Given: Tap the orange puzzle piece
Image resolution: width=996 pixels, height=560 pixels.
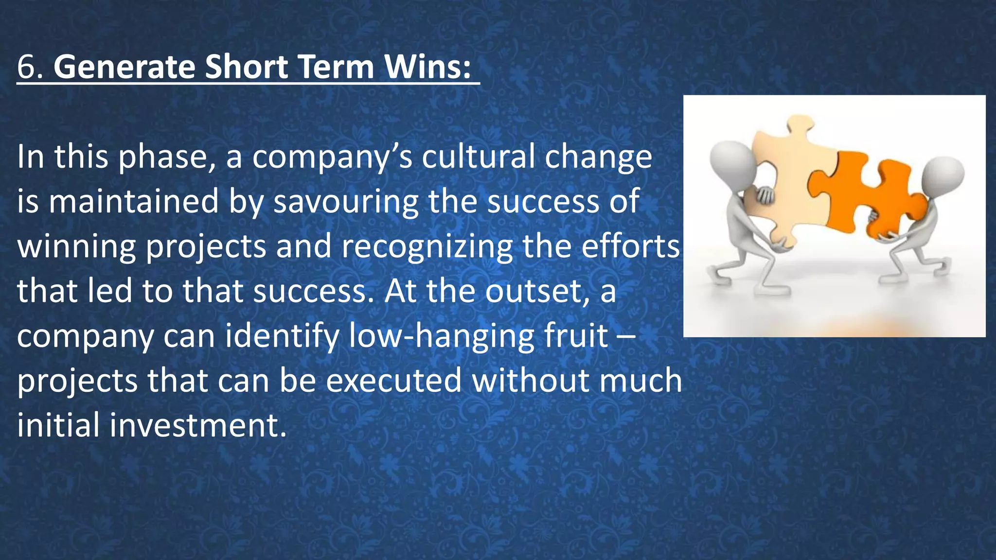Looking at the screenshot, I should coord(871,194).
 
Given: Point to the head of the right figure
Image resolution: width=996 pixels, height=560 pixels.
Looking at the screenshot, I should coord(943,177).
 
